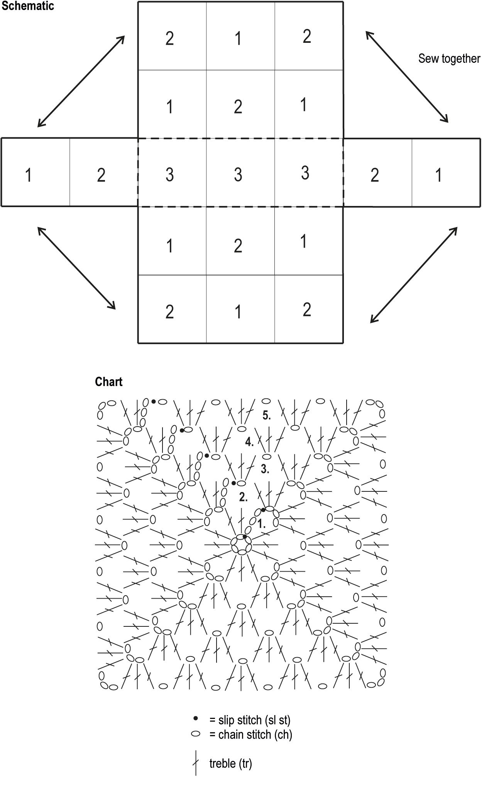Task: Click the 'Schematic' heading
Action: [27, 6]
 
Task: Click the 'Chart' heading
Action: [108, 382]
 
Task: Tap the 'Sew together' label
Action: [449, 59]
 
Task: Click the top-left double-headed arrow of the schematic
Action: [81, 81]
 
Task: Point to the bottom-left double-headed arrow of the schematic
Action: [76, 268]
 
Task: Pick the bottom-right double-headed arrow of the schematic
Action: [414, 275]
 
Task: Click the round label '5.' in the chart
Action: [266, 415]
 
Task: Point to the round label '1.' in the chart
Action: [261, 524]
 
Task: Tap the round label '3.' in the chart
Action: [265, 469]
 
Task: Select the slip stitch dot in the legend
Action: [196, 718]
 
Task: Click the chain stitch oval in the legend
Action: [196, 734]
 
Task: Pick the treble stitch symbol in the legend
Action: [196, 763]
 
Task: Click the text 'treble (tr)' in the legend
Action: [230, 763]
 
